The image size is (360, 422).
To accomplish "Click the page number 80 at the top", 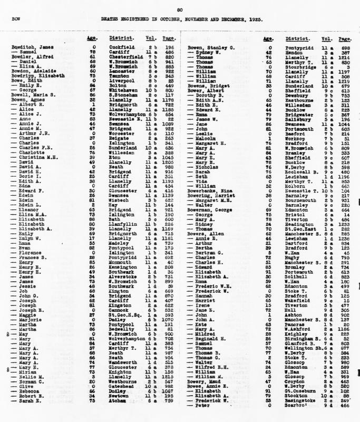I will click(180, 9).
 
